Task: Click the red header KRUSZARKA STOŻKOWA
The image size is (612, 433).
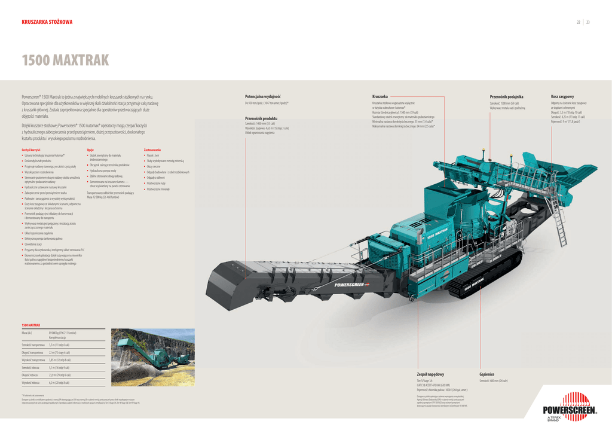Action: [x=47, y=22]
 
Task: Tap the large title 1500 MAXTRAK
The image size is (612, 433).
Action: [x=65, y=60]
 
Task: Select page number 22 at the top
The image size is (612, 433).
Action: [x=578, y=22]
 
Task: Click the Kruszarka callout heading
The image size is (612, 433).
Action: [x=380, y=96]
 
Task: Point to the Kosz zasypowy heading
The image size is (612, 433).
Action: [x=562, y=96]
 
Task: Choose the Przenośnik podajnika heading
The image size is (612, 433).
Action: [x=506, y=96]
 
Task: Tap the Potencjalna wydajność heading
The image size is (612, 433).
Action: [x=262, y=96]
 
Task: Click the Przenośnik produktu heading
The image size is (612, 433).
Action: [x=261, y=118]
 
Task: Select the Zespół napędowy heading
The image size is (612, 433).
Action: [x=430, y=374]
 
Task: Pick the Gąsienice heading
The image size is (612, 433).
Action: [x=486, y=374]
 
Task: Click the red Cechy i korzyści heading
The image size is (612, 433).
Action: [x=30, y=150]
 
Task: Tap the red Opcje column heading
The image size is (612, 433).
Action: [x=90, y=150]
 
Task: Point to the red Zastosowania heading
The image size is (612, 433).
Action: [x=152, y=150]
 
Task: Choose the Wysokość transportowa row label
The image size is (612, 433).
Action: [x=33, y=360]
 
